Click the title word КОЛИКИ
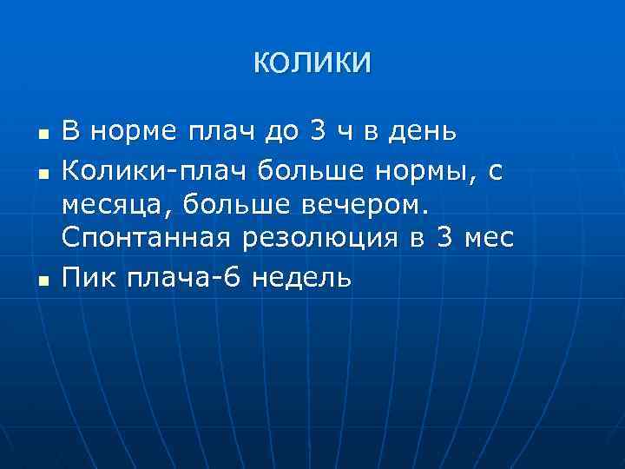pos(312,63)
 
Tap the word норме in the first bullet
pos(129,132)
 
